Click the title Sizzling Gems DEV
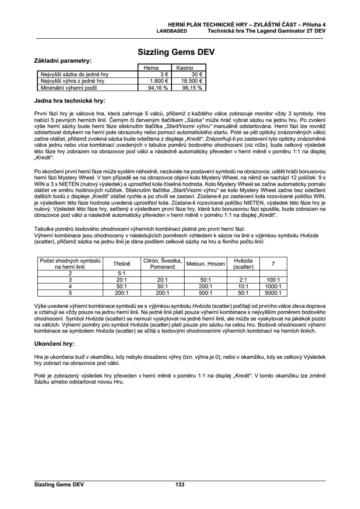176,52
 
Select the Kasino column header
185,68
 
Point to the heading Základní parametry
63,61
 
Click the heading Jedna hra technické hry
70,101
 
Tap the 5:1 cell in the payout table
122,273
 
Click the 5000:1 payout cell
273,293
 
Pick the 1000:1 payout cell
273,286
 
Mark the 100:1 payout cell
273,280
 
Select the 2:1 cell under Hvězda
243,280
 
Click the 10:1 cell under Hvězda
243,286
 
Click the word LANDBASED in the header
172,31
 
